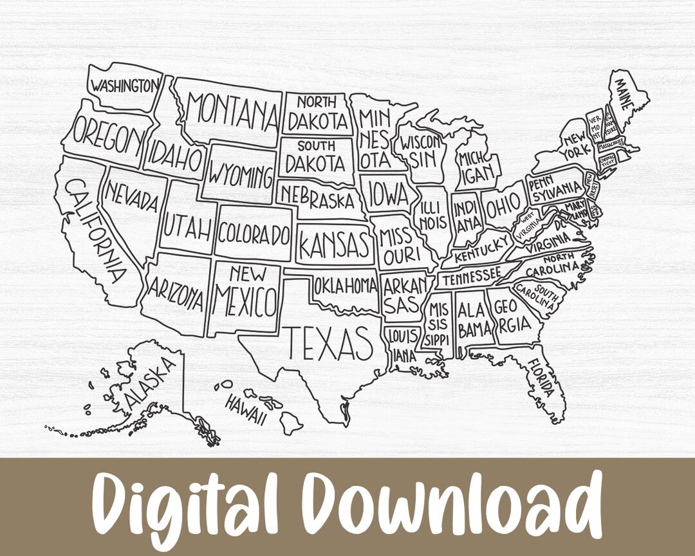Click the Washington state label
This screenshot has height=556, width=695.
(x=124, y=86)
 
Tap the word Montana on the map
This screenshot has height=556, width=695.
(x=232, y=112)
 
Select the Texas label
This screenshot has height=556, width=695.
(x=329, y=343)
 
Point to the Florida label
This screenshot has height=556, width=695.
(x=540, y=378)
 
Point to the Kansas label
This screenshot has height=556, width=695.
(x=335, y=245)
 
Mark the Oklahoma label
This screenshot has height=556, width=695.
(x=345, y=284)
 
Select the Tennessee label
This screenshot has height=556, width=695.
(x=471, y=277)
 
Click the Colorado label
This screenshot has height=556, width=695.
(x=253, y=234)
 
